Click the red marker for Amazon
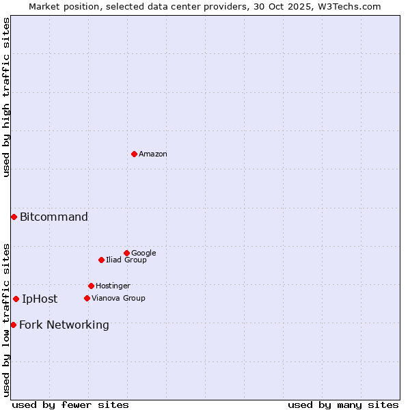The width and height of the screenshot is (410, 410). (134, 154)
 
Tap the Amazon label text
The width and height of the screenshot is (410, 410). (153, 154)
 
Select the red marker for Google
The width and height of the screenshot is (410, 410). (126, 253)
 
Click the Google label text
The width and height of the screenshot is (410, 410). (143, 254)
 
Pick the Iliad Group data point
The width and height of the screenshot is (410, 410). (101, 260)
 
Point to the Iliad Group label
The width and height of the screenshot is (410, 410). (126, 260)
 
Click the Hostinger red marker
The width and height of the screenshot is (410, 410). (91, 286)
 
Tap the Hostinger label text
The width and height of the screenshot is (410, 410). (113, 286)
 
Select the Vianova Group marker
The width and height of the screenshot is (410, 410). (87, 298)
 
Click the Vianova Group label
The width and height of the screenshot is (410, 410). (118, 299)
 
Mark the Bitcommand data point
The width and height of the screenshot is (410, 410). (14, 217)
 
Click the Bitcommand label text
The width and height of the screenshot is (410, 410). (54, 217)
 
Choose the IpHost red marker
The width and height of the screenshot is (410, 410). (16, 299)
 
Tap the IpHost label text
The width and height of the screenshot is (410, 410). (40, 299)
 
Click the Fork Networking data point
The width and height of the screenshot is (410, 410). (13, 325)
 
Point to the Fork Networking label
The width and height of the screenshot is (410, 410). (64, 325)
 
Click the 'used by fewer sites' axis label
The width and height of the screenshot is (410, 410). (70, 405)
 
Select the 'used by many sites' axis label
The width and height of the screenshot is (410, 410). (343, 405)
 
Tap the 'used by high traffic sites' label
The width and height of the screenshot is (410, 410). (6, 97)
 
